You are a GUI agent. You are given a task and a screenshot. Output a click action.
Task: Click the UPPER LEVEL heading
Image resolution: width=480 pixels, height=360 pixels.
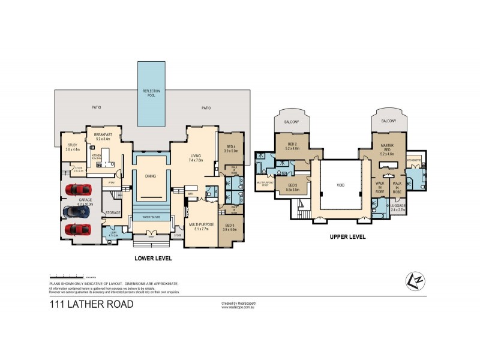click(x=347, y=237)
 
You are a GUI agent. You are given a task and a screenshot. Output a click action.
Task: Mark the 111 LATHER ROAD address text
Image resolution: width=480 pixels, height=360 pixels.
click(x=91, y=304)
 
